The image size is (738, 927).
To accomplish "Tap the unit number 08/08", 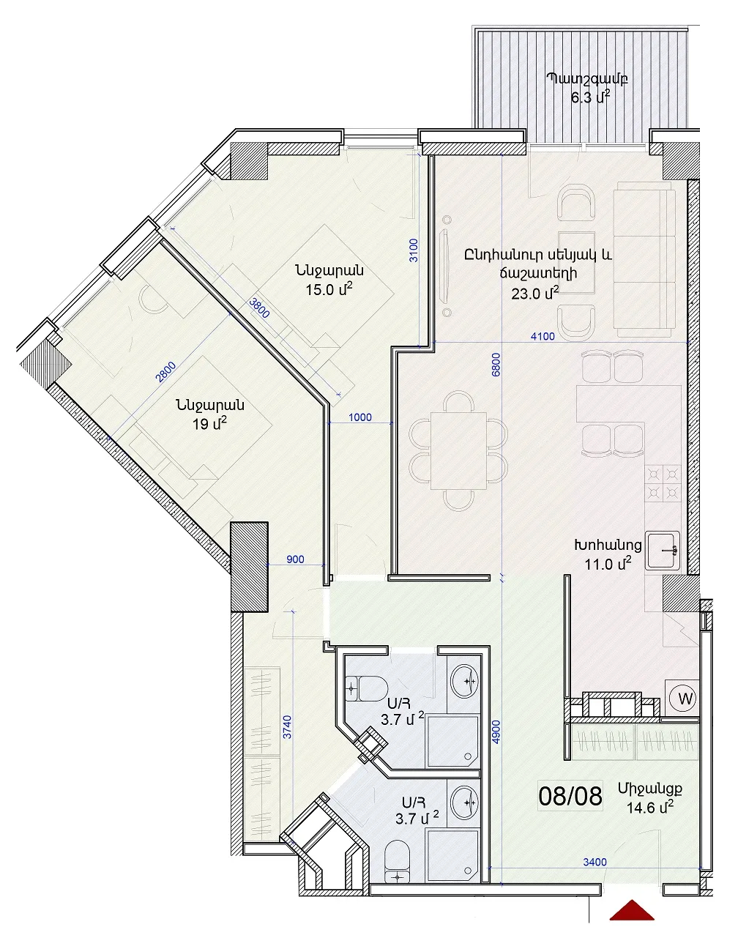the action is click(570, 796).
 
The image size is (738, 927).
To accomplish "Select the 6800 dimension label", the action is click(496, 365).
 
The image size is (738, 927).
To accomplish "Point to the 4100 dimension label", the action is click(543, 336).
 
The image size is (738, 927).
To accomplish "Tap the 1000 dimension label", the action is click(359, 417).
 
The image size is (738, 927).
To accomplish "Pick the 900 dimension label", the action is click(295, 559).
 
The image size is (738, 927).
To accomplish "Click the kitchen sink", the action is click(662, 551).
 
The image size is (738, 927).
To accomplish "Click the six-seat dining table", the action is click(458, 450).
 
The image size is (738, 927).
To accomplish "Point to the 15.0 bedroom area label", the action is click(329, 288).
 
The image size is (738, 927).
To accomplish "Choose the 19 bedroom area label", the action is click(209, 423).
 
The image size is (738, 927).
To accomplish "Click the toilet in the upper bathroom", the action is click(367, 688).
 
